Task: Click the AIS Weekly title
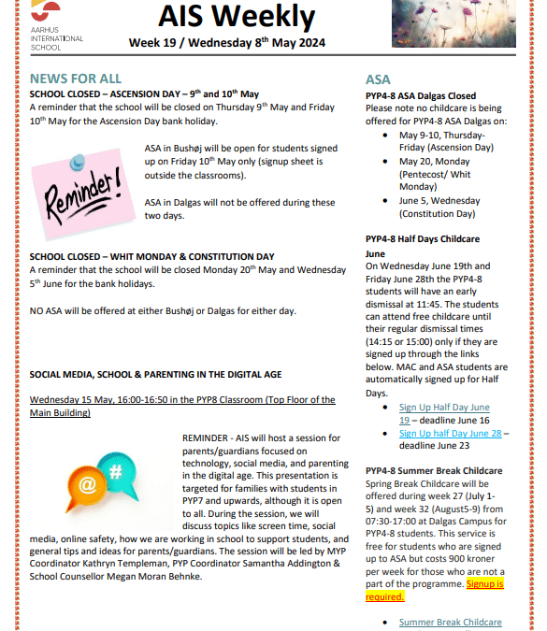coord(238,17)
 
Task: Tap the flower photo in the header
coord(467,22)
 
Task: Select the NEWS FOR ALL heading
coord(74,79)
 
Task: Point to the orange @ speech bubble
coord(88,485)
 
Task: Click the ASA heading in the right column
coord(378,79)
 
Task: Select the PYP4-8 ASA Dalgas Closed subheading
coord(420,96)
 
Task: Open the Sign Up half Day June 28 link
coord(451,434)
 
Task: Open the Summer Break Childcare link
coord(450,623)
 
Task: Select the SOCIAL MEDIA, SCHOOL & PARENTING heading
coord(155,374)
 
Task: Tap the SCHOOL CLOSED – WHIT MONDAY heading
coord(151,256)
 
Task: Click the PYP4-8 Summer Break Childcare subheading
coord(433,471)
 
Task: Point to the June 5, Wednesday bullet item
coord(439,201)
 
